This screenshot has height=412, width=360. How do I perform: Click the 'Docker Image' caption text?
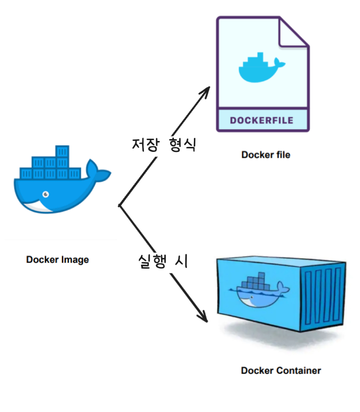coord(57,260)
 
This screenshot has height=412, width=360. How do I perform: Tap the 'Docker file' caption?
coord(265,155)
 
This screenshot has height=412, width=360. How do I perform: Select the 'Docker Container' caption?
coord(281,370)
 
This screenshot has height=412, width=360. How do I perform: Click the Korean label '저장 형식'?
coord(163,145)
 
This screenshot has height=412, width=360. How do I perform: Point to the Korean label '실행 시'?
coord(163,261)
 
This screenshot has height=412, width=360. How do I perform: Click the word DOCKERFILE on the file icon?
coord(261,121)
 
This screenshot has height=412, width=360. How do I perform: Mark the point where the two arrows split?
coord(119,206)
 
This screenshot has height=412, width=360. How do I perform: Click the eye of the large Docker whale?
coord(46,194)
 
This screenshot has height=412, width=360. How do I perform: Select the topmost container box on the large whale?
coord(62,151)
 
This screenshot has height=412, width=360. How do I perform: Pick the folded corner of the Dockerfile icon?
coord(294,32)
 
